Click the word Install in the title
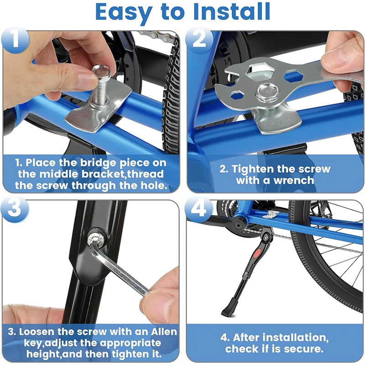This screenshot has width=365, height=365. click(x=231, y=12)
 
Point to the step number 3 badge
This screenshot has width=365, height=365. click(x=15, y=208)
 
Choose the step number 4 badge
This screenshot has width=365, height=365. click(x=199, y=208)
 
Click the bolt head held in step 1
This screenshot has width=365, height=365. click(x=100, y=71)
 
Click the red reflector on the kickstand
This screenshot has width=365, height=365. click(x=257, y=253)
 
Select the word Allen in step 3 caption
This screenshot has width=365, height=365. click(x=164, y=332)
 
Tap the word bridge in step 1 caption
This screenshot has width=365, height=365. click(x=98, y=163)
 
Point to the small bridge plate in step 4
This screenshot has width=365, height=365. click(x=271, y=214)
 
